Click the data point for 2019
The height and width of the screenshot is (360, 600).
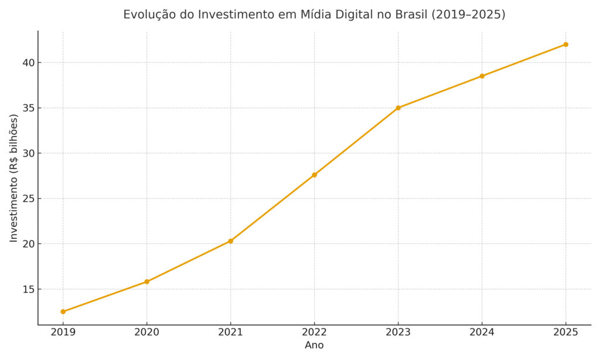point(63,311)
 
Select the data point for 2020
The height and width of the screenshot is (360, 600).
point(146,281)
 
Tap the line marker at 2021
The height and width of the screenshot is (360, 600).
point(230,241)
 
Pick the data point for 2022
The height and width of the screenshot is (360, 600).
point(314,175)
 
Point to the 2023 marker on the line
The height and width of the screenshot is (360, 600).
point(398,108)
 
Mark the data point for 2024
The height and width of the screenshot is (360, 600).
point(482,76)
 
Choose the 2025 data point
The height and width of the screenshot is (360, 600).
point(565,45)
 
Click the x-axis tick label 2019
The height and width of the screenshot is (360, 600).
point(63,332)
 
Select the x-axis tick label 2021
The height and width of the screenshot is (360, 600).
point(230,332)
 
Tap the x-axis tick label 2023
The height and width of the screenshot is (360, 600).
point(398,332)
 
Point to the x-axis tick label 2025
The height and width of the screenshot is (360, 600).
point(565,332)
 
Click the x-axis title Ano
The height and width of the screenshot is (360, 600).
point(314,345)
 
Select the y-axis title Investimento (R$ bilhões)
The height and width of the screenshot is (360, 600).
point(13,178)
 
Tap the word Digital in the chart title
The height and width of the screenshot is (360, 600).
point(364,15)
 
